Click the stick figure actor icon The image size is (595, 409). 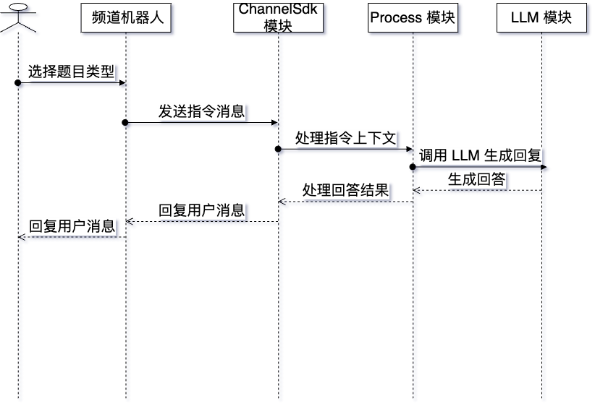click(18, 16)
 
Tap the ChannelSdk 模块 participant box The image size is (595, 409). click(278, 18)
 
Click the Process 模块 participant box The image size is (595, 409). click(413, 18)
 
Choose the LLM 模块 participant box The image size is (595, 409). click(541, 18)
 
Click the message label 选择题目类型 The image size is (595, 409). click(72, 72)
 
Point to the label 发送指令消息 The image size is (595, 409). click(201, 111)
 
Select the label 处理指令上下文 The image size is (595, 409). click(345, 138)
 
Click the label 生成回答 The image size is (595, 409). click(476, 179)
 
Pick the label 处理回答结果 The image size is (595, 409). click(345, 190)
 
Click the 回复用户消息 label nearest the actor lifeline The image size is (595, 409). click(72, 225)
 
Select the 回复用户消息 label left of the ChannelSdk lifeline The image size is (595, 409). click(201, 210)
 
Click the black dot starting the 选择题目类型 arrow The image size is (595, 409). click(18, 83)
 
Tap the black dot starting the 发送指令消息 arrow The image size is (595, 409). click(125, 122)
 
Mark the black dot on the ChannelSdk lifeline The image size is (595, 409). click(278, 149)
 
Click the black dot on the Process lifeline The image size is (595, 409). click(413, 167)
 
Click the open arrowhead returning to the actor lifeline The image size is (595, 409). click(22, 236)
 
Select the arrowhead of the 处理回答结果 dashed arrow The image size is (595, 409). click(282, 202)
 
